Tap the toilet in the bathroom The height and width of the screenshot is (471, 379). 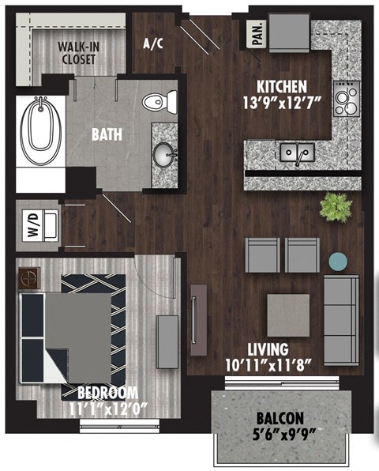click(159, 100)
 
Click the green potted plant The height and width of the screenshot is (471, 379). click(335, 207)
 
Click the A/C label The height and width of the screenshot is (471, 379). click(152, 43)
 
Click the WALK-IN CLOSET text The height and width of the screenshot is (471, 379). click(77, 52)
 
